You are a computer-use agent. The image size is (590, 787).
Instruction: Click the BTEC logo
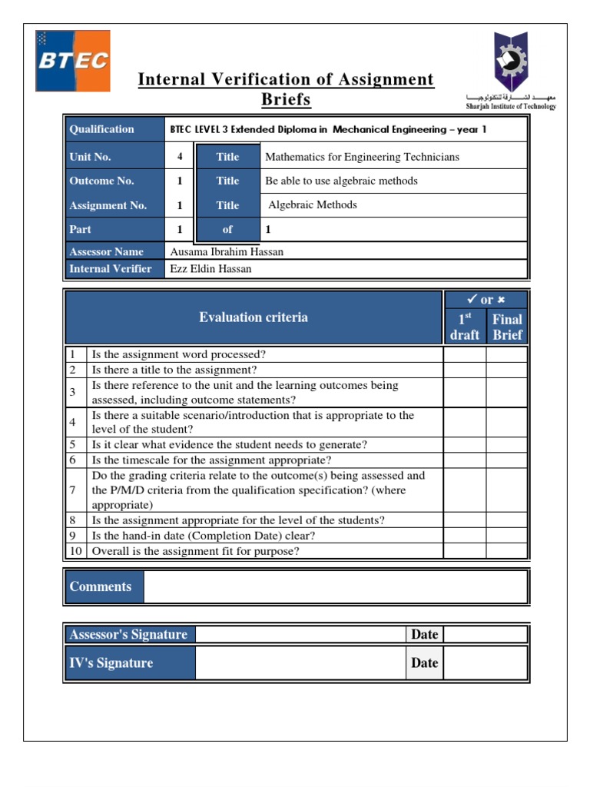pos(72,61)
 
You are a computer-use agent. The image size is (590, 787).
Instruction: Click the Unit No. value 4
pos(180,157)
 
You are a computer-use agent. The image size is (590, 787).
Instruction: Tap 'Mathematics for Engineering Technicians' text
pos(362,157)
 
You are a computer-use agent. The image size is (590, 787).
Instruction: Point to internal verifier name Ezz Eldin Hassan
pos(210,268)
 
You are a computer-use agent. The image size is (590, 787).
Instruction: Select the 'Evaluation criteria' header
pos(254,317)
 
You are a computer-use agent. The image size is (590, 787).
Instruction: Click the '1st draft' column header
pos(464,327)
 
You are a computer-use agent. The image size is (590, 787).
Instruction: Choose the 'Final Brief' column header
pos(507,327)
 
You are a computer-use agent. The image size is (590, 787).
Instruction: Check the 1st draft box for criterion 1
pos(464,354)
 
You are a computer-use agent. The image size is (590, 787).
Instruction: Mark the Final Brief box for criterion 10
pos(507,551)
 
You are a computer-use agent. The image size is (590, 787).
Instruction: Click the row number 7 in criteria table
pos(72,490)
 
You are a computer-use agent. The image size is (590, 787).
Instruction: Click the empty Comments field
pos(335,586)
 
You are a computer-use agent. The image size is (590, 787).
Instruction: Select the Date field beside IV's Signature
pos(486,662)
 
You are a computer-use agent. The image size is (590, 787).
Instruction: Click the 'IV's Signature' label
pos(111,662)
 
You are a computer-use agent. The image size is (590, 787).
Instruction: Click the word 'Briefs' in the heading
pos(286,100)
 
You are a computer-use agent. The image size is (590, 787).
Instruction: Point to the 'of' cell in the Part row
pos(227,229)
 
